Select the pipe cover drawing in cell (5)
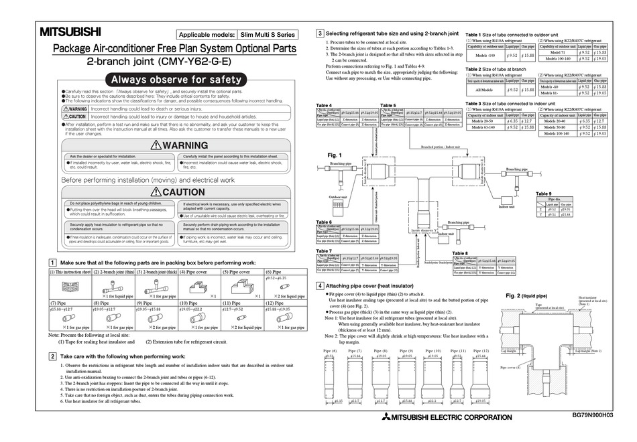[244, 287]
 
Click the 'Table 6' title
[324, 222]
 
